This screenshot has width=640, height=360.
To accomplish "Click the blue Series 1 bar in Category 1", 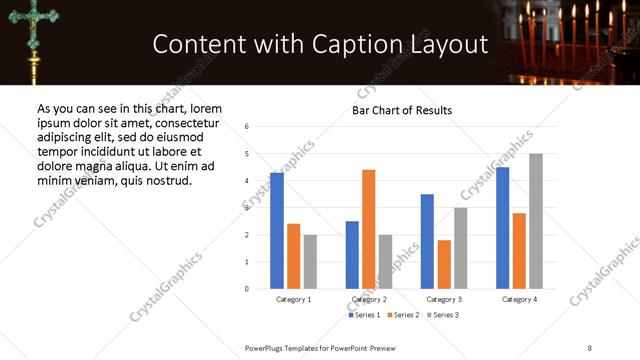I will point(277,231).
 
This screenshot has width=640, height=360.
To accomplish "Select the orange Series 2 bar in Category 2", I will point(368,229).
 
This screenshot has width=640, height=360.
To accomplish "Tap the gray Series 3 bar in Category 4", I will point(536,221).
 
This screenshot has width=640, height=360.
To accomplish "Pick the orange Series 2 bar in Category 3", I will point(444,264).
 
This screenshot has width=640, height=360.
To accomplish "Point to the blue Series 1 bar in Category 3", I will point(427,241).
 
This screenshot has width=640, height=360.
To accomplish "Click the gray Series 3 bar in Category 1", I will point(310,262).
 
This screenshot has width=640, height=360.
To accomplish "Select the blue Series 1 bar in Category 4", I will point(503,228).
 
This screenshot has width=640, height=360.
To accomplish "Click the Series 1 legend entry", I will point(364,315).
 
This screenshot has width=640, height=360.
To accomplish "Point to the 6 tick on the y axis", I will point(246,127).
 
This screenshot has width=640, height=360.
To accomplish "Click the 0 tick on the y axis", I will point(246,289).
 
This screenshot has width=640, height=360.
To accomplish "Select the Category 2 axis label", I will point(369,300).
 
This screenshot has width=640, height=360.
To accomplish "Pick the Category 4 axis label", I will point(520,300).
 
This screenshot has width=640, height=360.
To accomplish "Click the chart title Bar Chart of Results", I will point(402,110).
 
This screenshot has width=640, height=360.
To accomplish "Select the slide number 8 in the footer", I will point(590,347).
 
